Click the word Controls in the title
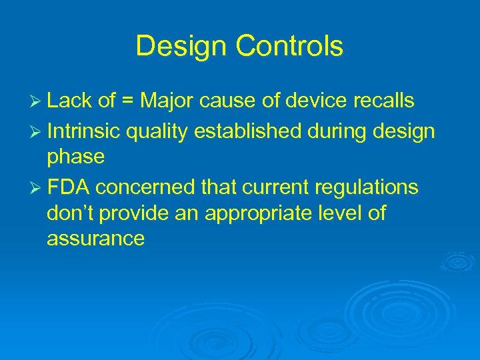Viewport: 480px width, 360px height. [x=291, y=46]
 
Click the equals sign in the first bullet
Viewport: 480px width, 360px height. [x=127, y=101]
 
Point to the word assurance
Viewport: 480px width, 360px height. [x=95, y=239]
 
